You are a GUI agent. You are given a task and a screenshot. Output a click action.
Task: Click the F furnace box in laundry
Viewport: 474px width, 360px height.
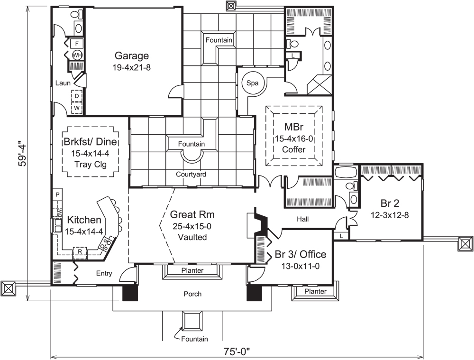click(77, 44)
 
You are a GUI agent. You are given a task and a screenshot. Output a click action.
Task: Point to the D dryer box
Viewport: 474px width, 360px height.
click(76, 96)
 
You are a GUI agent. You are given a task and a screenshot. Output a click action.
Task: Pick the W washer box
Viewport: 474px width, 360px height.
click(76, 108)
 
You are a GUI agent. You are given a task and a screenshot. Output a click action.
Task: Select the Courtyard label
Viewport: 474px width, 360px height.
click(191, 175)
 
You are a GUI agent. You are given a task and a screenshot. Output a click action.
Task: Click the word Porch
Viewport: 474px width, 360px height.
click(192, 294)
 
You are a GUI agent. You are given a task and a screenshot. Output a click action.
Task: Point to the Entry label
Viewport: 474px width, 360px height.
click(104, 273)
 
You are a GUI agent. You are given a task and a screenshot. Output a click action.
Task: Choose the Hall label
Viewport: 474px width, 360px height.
click(303, 220)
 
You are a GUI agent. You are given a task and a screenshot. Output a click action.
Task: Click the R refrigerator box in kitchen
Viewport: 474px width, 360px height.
click(80, 251)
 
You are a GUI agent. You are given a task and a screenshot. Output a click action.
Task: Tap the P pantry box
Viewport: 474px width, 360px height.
click(57, 195)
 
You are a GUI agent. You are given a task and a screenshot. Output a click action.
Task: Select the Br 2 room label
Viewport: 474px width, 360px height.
click(390, 204)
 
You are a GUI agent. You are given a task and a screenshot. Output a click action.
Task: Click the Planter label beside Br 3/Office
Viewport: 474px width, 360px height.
click(316, 291)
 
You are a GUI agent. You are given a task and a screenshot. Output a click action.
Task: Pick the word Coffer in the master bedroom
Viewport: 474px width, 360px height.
click(293, 149)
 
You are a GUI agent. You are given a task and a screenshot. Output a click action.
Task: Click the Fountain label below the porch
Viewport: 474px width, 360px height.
click(194, 339)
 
